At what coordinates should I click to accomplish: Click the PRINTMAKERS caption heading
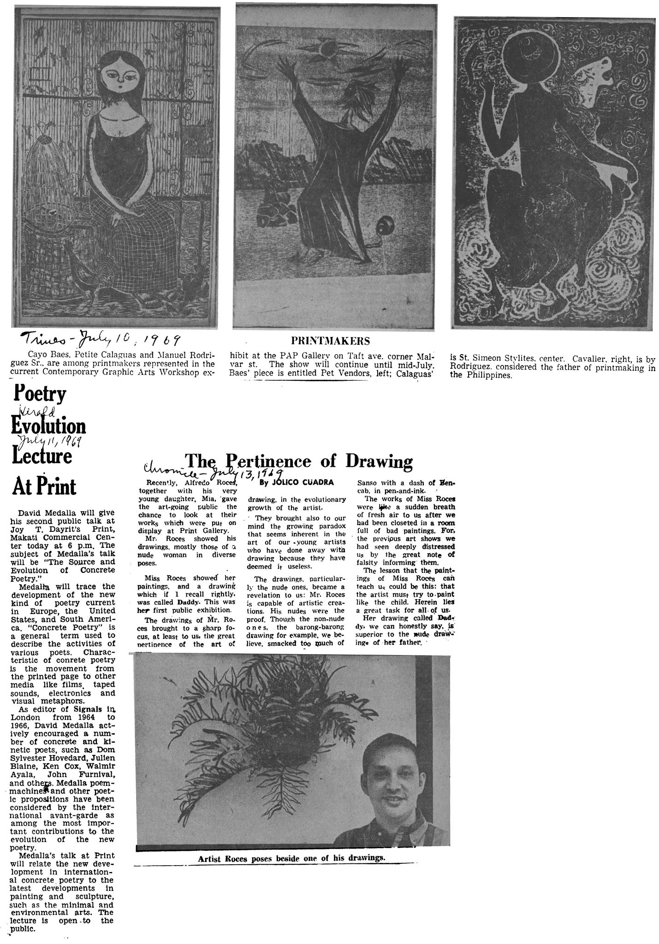click(x=330, y=341)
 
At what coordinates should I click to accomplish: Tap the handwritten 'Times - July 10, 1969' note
click(x=99, y=341)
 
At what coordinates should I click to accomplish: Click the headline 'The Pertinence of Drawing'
click(x=298, y=460)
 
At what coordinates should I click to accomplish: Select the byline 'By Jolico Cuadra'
click(x=297, y=482)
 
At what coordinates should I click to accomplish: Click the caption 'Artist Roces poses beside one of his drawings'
click(x=291, y=858)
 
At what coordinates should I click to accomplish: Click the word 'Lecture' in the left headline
click(x=43, y=456)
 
